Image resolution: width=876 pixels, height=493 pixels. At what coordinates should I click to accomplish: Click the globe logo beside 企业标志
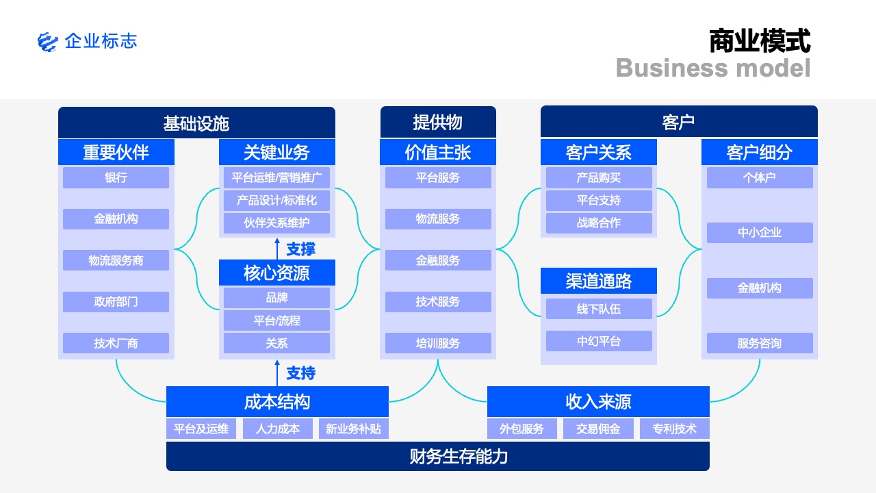(48, 42)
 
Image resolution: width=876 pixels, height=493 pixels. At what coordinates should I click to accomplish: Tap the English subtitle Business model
(713, 68)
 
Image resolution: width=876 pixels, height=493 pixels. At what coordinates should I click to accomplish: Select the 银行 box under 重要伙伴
(116, 177)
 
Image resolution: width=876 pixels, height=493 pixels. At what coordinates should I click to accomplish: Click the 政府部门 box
(116, 302)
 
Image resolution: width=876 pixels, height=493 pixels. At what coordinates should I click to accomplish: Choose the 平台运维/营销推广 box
(277, 177)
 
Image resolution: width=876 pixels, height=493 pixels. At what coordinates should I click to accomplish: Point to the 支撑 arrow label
(300, 249)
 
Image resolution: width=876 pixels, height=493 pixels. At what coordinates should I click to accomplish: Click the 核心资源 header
(277, 273)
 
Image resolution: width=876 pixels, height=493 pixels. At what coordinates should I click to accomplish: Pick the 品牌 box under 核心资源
(277, 298)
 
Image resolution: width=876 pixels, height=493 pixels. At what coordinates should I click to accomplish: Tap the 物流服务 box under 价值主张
(438, 218)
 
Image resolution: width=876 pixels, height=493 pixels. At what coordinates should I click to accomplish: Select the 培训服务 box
(438, 343)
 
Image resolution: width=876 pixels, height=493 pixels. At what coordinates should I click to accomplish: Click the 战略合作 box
(599, 223)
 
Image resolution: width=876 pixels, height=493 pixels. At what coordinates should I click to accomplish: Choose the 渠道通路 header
(599, 281)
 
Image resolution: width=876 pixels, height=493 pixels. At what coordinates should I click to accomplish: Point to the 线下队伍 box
(599, 309)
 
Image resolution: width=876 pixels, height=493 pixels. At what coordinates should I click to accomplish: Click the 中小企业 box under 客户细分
(760, 233)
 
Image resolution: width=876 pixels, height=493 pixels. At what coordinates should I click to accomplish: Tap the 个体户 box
(760, 177)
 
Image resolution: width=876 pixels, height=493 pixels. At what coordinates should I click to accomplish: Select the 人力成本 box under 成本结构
(278, 429)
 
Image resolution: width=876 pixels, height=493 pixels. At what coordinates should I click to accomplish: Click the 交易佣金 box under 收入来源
(598, 429)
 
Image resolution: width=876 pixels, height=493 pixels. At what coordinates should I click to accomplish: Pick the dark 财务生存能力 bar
(438, 457)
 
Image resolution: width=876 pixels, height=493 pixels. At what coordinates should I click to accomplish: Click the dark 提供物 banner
(438, 122)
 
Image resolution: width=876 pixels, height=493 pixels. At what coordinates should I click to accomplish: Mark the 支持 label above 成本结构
(300, 373)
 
